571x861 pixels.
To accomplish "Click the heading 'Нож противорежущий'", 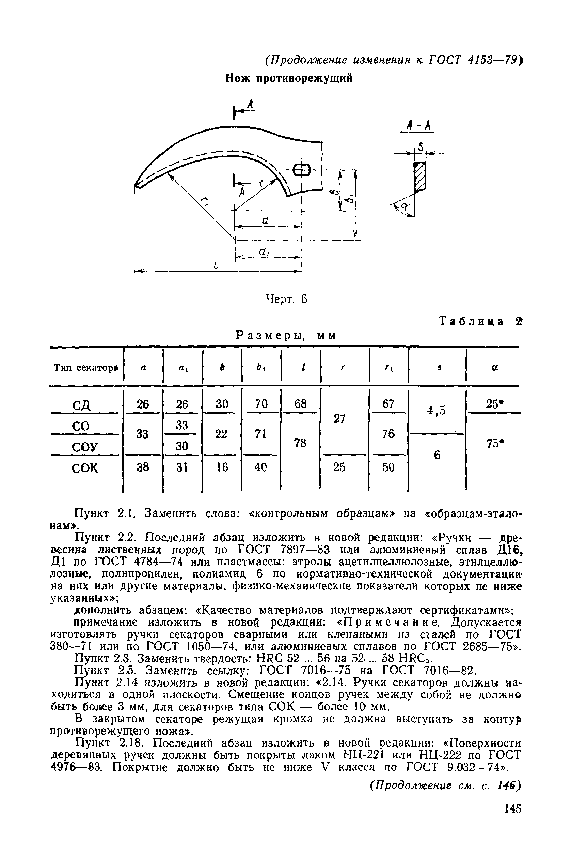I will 289,78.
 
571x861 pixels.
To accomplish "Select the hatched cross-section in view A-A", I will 420,176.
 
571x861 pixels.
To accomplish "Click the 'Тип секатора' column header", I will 86,368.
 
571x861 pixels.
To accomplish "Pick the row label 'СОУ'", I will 85,446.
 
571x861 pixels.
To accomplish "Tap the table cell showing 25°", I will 493,404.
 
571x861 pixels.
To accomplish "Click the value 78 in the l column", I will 300,443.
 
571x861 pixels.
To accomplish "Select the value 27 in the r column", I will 339,419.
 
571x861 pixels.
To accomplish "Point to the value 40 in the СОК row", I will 260,467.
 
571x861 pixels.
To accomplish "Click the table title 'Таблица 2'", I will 480,321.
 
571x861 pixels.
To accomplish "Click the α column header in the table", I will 494,368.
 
